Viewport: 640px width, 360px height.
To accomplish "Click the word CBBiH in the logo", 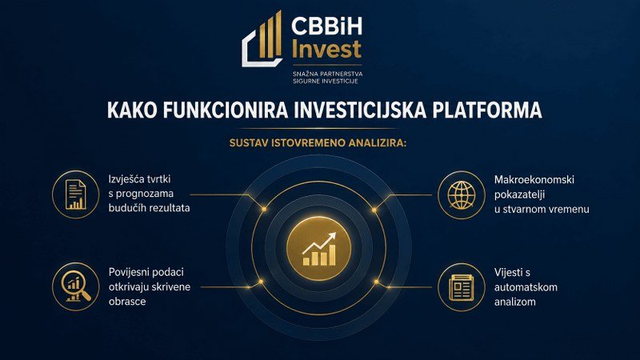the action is [326, 26].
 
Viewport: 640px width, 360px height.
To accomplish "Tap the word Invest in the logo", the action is [326, 49].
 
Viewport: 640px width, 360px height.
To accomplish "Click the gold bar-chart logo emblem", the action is [262, 38].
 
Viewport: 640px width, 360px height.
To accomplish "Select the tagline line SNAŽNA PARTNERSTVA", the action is [327, 74].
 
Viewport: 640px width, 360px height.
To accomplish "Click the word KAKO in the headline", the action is [132, 110].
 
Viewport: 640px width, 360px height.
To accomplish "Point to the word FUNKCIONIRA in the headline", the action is [226, 110].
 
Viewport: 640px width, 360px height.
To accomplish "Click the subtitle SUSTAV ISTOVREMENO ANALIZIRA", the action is [318, 143].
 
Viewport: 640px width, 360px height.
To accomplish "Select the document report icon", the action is [76, 194].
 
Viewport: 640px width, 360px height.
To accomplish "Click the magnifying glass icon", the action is [76, 286].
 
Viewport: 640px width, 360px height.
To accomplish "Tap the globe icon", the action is [462, 194].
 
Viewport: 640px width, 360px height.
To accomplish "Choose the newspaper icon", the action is [462, 287].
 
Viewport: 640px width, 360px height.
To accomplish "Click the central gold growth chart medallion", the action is [318, 249].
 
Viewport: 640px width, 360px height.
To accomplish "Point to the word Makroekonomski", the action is [534, 180].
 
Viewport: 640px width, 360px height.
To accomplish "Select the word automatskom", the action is [526, 287].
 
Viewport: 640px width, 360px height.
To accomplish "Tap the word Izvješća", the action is [127, 179].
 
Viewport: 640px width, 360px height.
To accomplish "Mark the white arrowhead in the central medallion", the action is [331, 237].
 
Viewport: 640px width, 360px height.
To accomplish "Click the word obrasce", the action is [127, 302].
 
